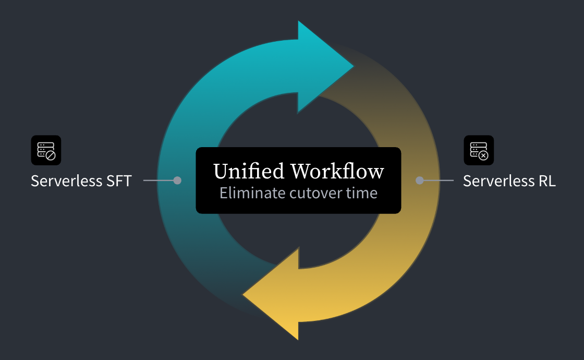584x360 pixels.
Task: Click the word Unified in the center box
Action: coord(249,172)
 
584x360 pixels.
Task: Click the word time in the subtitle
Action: coord(362,193)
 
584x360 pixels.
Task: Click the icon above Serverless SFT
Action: coord(46,150)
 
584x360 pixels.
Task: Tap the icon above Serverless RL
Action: coord(479,150)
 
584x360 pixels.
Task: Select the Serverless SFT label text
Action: coord(81,181)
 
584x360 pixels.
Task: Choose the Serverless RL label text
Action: coord(509,181)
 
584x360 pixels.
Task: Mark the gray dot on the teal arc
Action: coord(177,181)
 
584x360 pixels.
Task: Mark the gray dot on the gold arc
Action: coord(419,181)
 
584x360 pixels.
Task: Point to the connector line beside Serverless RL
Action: coord(439,181)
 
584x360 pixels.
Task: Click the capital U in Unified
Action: coord(221,172)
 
